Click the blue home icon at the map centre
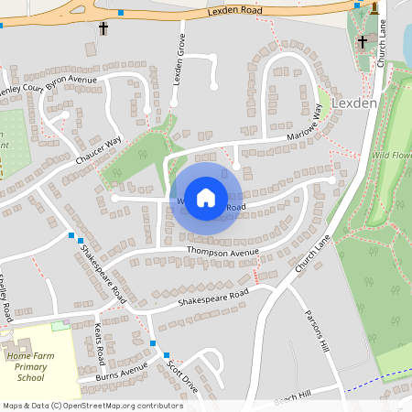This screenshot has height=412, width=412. click(x=206, y=196)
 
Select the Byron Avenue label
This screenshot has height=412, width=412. click(x=70, y=81)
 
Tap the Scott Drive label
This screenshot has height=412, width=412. click(x=182, y=374)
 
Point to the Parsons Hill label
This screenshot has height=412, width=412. click(x=316, y=333)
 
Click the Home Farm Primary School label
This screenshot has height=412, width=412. click(x=30, y=366)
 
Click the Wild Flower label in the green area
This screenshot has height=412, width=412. click(x=392, y=156)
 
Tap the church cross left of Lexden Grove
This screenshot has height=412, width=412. click(x=103, y=28)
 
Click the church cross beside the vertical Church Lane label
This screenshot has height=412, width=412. click(x=362, y=41)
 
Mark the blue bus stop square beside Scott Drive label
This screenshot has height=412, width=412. click(x=166, y=355)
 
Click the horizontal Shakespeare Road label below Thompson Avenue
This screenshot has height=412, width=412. click(x=213, y=298)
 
